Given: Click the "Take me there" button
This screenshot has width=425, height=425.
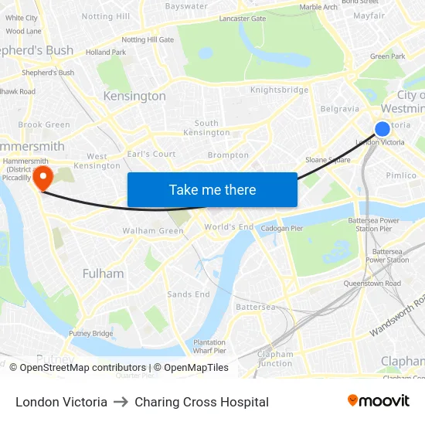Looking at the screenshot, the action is coord(212,189).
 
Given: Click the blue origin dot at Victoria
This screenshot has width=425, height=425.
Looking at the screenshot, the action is coord(382,129).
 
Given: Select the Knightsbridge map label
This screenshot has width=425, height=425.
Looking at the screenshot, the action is coord(279,90).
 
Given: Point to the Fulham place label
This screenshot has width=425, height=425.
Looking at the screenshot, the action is coord(103,274).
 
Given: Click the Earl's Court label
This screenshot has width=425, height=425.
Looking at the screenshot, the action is coord(151,154).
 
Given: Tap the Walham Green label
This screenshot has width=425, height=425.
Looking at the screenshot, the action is coord(153,230).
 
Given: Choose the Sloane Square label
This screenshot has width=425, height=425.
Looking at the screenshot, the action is coord(328,160).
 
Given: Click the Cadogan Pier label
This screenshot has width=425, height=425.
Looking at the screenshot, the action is coord(280,228).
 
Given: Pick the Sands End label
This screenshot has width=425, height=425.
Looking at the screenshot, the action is coord(189,294).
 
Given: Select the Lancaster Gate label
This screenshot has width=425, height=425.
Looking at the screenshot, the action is coord(242,19).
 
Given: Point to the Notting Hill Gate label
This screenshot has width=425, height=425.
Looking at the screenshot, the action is coord(148,39).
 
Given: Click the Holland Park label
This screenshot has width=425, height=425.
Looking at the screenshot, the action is coord(105,53).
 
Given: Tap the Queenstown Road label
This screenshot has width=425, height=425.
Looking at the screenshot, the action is coord(372,284).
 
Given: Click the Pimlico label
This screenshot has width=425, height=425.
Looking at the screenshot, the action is coord(401,175).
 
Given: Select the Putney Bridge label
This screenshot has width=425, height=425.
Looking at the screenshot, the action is coord(90,333).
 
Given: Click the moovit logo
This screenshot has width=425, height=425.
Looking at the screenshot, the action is coord(378,401).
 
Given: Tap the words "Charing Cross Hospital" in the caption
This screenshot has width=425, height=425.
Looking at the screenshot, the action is coord(202,402).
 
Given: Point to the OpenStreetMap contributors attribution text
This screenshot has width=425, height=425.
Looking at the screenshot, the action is coord(77,368).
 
